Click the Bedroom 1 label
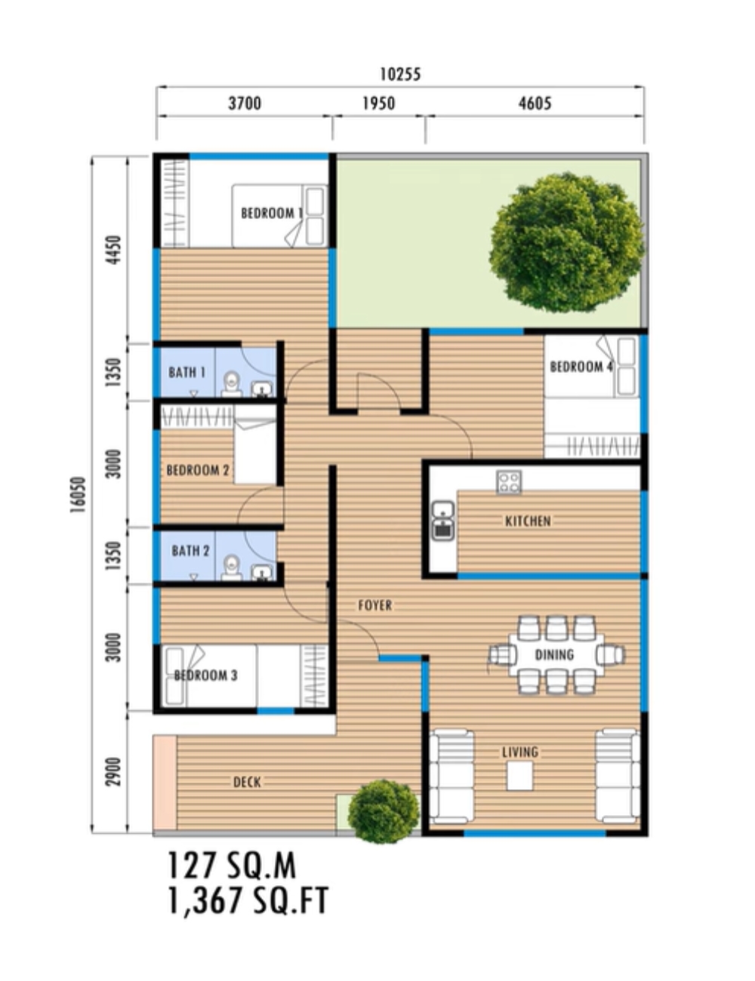(272, 213)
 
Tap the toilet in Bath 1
(232, 385)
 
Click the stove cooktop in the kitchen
(509, 481)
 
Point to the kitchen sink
(443, 521)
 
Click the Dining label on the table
(554, 654)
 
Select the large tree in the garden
(567, 242)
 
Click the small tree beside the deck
(384, 812)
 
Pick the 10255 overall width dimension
(400, 75)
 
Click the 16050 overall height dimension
(78, 495)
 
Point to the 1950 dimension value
(379, 103)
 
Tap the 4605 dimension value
(535, 103)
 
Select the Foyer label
(374, 605)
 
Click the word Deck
(247, 783)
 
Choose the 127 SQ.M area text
(232, 866)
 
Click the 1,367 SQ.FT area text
(248, 901)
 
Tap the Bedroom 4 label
(581, 367)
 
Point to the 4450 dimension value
(115, 250)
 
